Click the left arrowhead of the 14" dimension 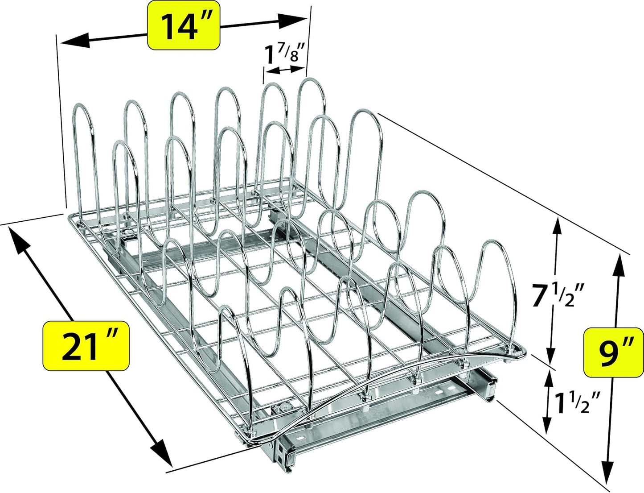[x=71, y=41]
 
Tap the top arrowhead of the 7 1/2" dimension [x=556, y=227]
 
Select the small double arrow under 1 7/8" [x=284, y=70]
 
